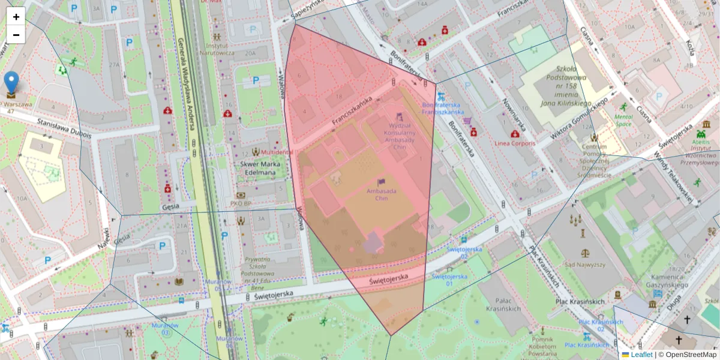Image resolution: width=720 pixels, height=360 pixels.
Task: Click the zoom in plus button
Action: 16,17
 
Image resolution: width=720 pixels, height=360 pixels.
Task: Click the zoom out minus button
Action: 16,35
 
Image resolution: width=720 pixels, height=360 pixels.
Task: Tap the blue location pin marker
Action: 11,83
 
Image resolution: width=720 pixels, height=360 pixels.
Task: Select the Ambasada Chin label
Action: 381,194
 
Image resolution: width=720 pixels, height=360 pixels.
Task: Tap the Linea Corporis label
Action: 514,143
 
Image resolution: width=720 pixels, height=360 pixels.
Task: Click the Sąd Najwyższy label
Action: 584,264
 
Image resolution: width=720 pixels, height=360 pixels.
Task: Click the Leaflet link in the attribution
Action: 641,355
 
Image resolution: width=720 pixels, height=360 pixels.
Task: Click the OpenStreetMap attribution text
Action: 690,355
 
